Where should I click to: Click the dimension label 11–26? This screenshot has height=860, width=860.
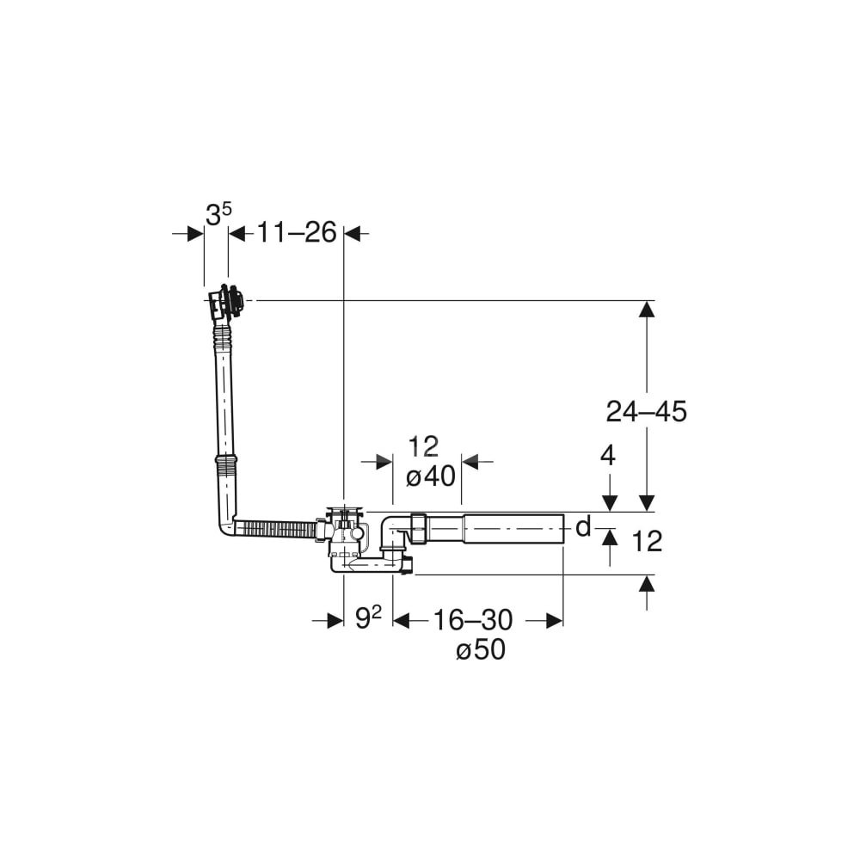296,232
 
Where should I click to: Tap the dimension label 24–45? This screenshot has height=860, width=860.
646,411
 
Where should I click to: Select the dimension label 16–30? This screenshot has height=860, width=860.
473,620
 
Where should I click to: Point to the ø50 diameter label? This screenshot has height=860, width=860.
481,650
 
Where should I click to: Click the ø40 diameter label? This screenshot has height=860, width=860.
431,476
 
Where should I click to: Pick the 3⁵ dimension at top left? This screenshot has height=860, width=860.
218,214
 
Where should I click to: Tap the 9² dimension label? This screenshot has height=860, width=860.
368,618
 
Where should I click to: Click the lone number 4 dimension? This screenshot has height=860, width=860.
608,455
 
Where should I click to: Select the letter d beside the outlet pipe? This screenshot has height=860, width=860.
583,527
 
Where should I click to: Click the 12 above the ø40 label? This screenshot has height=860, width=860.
423,446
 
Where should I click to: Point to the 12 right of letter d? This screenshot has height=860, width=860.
648,541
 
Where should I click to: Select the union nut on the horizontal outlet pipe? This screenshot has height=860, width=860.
418,527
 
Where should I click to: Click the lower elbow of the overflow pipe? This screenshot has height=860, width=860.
228,525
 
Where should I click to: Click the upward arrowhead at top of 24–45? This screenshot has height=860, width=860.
648,310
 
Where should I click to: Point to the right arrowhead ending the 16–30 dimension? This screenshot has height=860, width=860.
555,620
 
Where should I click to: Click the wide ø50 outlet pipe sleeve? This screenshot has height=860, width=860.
514,529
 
